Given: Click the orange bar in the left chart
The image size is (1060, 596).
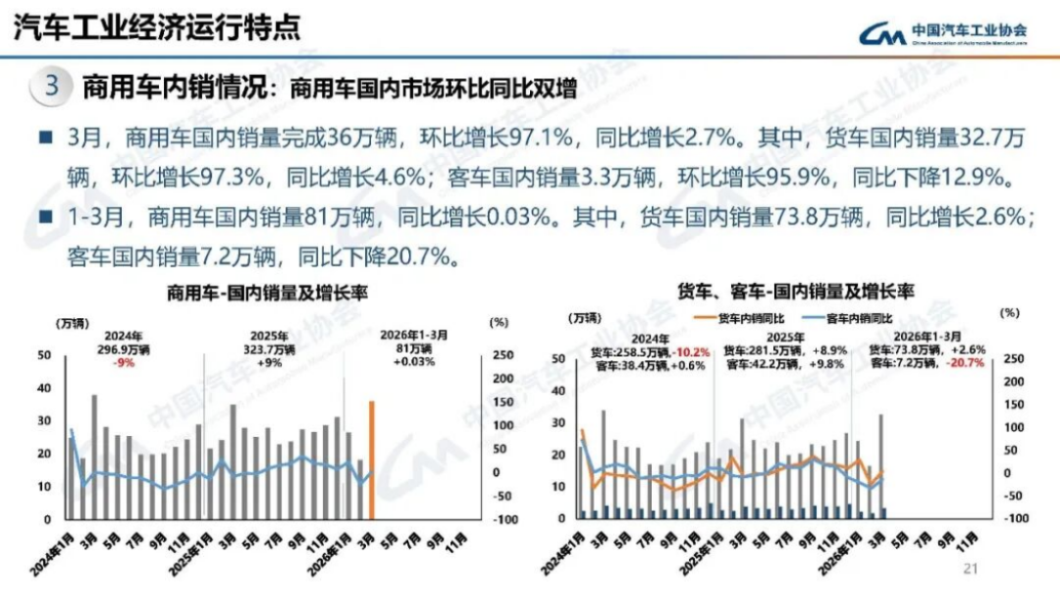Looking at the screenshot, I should click(x=372, y=460).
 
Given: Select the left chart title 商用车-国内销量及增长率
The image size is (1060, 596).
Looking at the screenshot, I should click(x=258, y=292).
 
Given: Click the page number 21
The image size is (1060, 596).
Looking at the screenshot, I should click(x=973, y=567).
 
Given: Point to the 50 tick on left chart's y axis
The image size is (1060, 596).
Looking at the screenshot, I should click(x=44, y=355).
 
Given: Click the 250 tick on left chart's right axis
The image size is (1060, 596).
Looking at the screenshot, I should click(x=501, y=355).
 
